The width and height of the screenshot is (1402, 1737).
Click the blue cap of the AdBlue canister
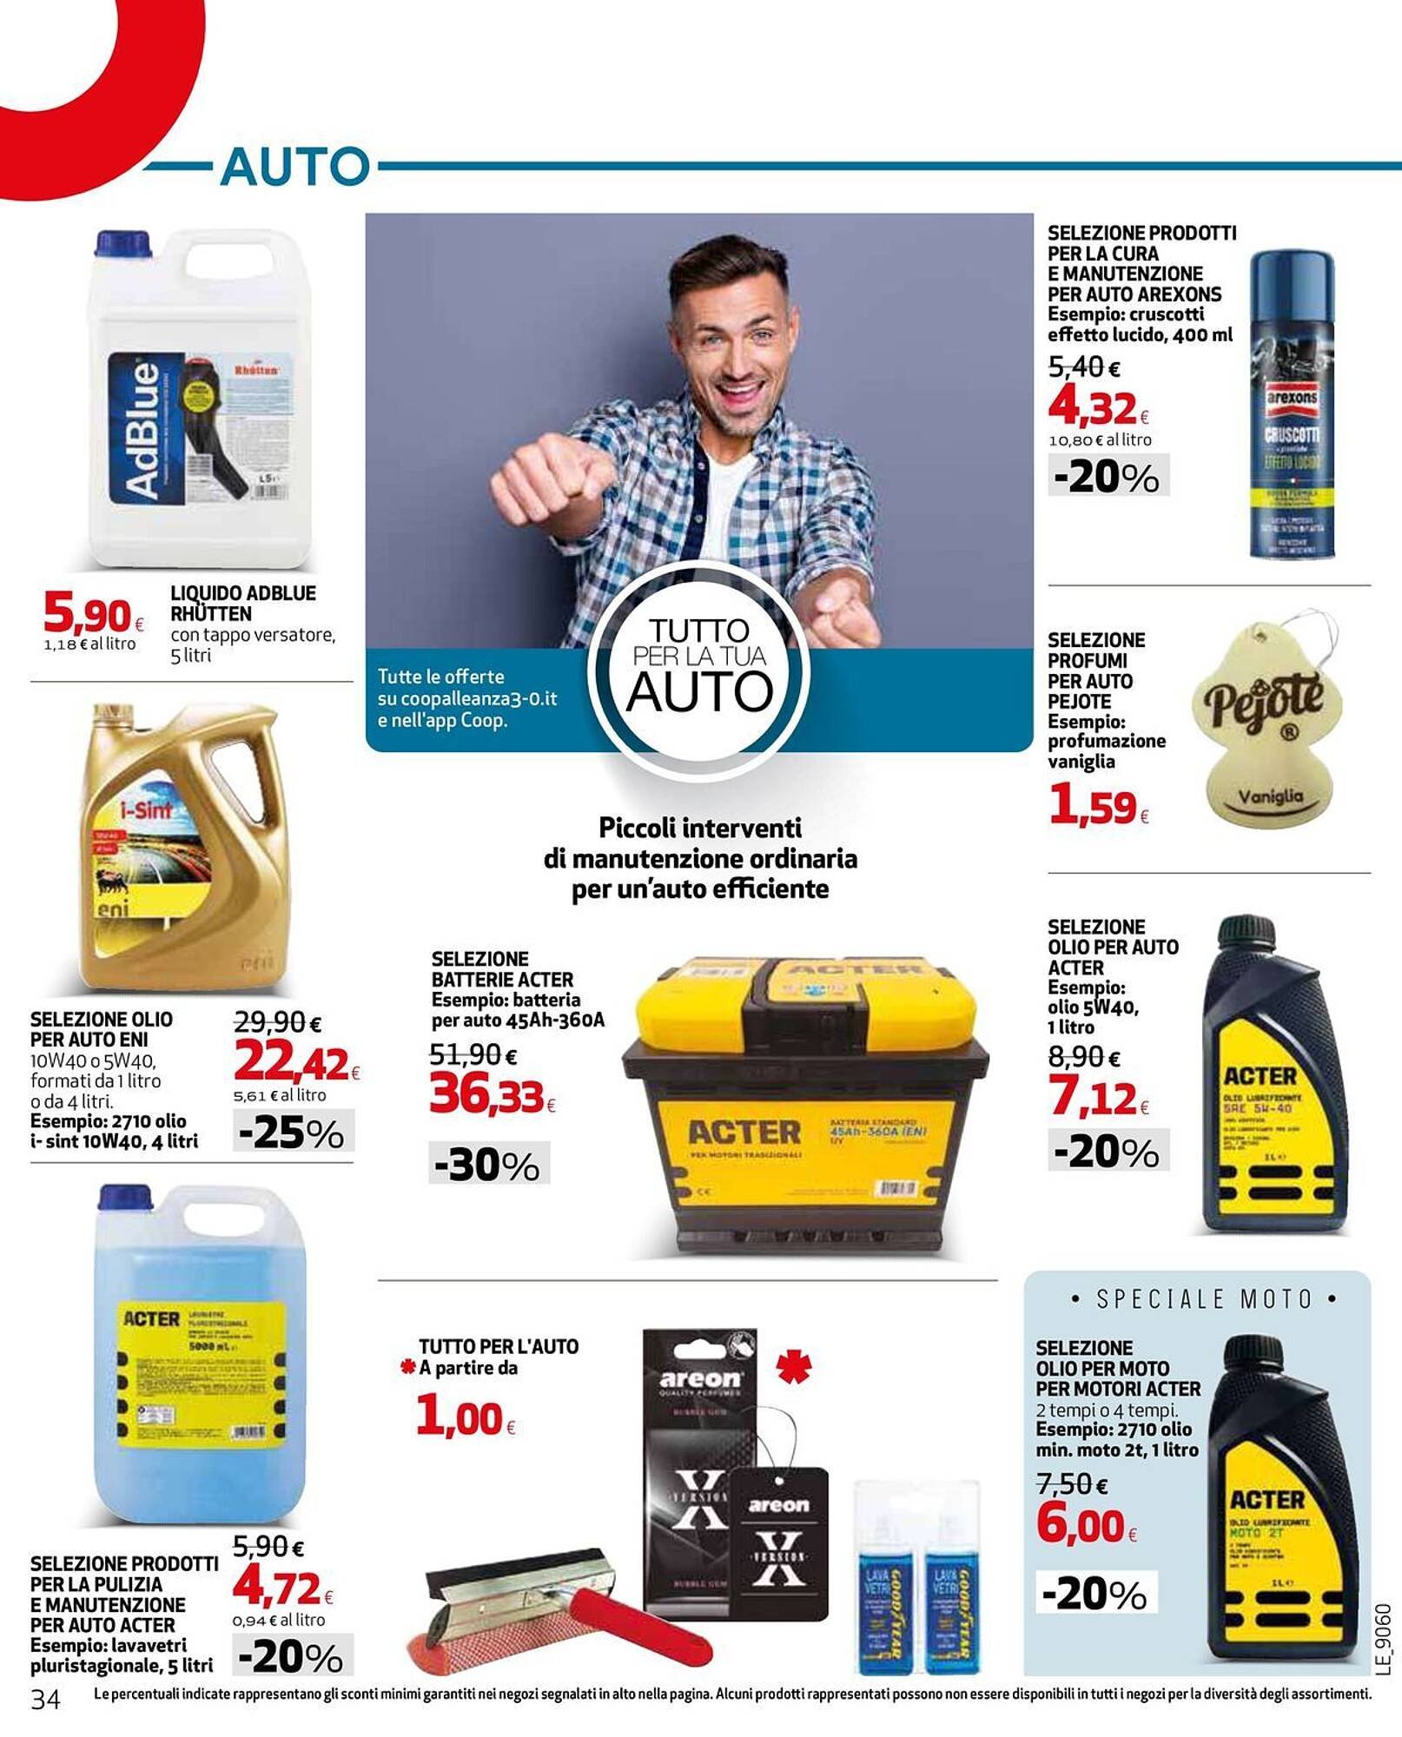tap(122, 244)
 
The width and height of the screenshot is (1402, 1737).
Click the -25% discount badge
tap(293, 1133)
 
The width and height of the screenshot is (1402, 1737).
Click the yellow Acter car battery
tap(806, 1103)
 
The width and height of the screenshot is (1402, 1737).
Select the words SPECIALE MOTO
tap(1203, 1299)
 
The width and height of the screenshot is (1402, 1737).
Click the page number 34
tap(45, 1699)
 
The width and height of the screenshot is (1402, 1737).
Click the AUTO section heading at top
tap(295, 166)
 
